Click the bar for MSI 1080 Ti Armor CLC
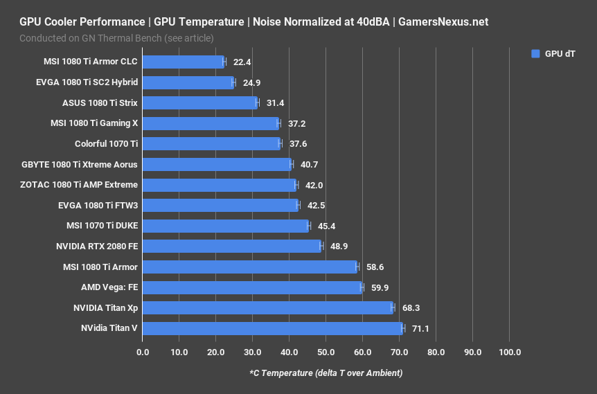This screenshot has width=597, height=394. coord(183,62)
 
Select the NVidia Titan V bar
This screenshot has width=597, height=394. coord(272,328)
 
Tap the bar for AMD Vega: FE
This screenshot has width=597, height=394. coord(252,287)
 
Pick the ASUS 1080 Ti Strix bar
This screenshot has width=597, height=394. coord(199,102)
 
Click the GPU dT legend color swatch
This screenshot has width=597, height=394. coord(535,53)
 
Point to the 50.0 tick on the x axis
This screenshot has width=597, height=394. coord(326,352)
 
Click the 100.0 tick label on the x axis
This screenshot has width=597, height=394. coord(509,352)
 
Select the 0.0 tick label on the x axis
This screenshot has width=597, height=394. coord(143,352)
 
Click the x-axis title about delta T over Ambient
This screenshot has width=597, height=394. coord(326,373)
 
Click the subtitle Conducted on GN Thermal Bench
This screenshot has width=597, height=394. coord(116,37)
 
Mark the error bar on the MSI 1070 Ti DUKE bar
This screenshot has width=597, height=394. coord(309,226)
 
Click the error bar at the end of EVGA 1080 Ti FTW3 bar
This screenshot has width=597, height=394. coord(298,205)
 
